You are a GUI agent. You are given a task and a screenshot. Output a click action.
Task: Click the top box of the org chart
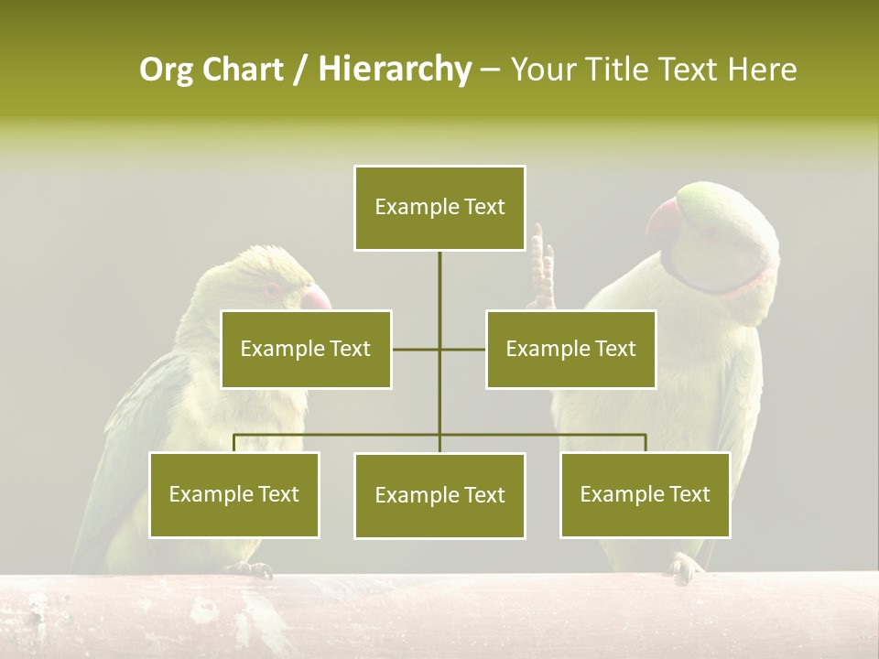[439, 208]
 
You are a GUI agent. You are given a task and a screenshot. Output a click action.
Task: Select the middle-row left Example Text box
[306, 349]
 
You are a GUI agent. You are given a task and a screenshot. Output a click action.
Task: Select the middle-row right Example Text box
[570, 349]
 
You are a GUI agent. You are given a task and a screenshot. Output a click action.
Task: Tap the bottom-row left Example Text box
[234, 494]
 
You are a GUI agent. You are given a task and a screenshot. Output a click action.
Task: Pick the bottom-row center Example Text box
[439, 495]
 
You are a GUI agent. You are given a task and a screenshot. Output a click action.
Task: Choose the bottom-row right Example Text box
[645, 494]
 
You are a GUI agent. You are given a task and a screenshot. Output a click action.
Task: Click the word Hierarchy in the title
[395, 70]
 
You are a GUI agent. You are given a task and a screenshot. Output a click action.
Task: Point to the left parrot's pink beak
[317, 297]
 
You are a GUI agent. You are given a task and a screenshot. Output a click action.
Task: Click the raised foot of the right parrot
[542, 271]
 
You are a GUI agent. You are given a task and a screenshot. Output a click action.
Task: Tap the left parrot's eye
[273, 289]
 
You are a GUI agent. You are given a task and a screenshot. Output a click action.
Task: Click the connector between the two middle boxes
[439, 349]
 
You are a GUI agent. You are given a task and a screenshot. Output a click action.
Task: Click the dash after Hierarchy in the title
[490, 70]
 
